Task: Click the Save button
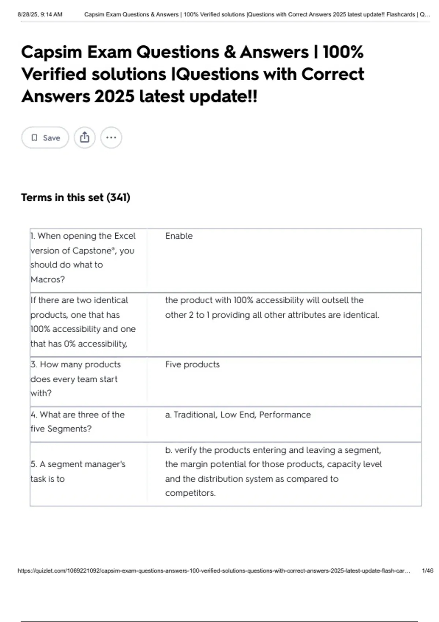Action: point(45,138)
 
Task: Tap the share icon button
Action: point(85,138)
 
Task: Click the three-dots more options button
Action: point(111,138)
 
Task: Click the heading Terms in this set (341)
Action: point(75,198)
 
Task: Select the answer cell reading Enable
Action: point(179,236)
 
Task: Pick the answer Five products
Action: point(192,364)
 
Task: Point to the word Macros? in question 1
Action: point(48,280)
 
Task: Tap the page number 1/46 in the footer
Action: point(427,570)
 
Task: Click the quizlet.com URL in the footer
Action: point(214,570)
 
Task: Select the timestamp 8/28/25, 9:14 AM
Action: point(40,15)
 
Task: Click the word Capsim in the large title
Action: point(51,52)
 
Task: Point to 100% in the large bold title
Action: point(343,52)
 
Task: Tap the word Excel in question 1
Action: point(125,236)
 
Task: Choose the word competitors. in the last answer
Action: point(190,493)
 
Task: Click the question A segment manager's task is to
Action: point(78,471)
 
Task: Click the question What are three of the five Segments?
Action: point(77,421)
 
